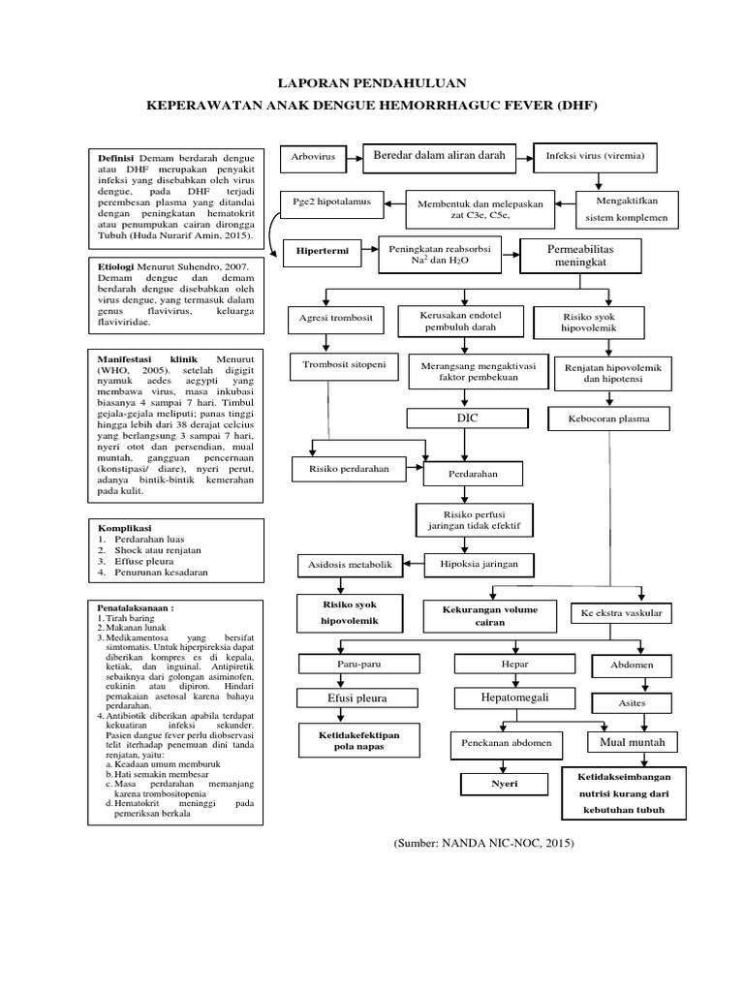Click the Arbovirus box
tap(312, 157)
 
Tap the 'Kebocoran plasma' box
tap(611, 419)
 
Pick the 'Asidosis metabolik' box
tap(336, 564)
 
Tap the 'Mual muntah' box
tap(632, 742)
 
